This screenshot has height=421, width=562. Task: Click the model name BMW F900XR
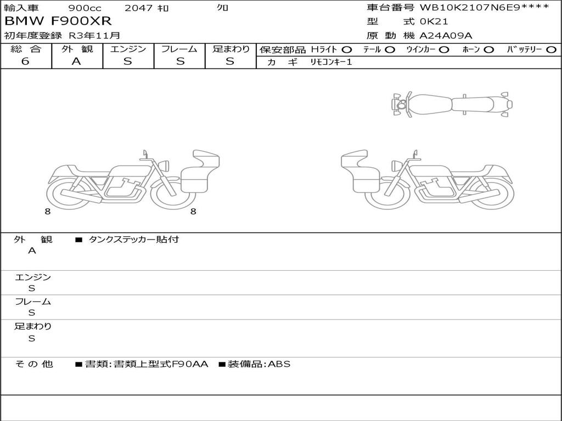[58, 21]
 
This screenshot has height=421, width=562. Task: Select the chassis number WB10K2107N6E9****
[484, 7]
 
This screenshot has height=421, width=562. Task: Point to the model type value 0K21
[434, 21]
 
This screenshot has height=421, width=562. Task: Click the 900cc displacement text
[85, 8]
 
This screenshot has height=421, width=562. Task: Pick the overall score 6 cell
[25, 61]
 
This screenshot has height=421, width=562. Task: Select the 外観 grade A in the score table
[76, 61]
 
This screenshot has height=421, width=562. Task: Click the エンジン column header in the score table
[128, 49]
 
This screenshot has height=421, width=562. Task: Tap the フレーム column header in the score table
[179, 49]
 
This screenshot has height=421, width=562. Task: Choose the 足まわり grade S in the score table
[230, 61]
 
